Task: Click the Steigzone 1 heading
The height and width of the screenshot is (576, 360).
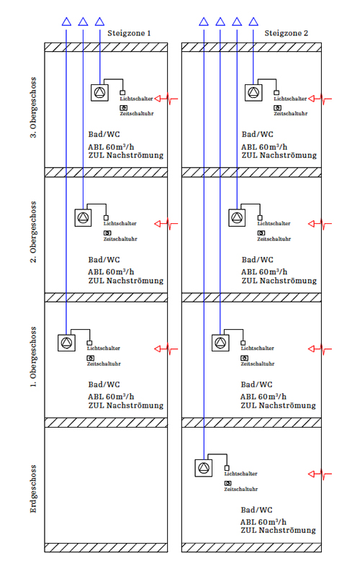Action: [129, 33]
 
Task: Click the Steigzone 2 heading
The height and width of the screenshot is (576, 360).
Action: [286, 33]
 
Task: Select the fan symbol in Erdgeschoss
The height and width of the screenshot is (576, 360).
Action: [204, 469]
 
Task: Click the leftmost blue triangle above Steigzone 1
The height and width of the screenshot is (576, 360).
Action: [66, 22]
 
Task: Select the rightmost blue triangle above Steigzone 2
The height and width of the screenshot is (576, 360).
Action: [253, 22]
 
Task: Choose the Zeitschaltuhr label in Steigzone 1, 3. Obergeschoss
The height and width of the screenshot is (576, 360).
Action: [137, 114]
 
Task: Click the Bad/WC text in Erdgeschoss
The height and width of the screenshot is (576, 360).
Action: [257, 510]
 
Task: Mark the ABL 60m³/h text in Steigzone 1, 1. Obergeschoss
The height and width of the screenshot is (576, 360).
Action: [110, 396]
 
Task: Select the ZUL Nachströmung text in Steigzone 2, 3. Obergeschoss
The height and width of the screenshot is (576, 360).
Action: [279, 155]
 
